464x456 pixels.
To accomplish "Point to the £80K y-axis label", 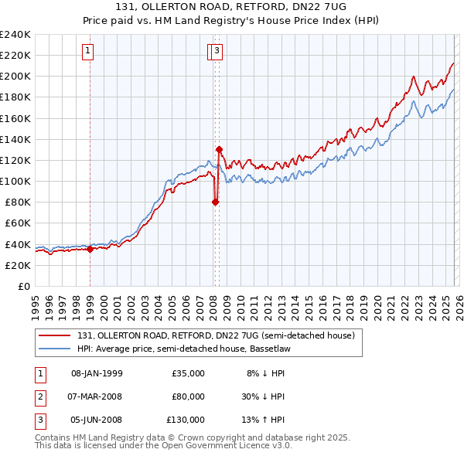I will click(x=18, y=202).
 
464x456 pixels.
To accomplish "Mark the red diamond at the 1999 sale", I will click(x=90, y=249).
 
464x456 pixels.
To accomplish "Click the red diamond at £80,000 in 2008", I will click(x=215, y=202).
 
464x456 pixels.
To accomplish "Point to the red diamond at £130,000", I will click(x=219, y=149).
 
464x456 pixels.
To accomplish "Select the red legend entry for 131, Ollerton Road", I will click(x=215, y=335).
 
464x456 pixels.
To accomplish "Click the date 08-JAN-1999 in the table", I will click(x=97, y=373).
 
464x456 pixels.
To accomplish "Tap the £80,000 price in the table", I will click(x=188, y=396).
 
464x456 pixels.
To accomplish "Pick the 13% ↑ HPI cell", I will click(x=264, y=420).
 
